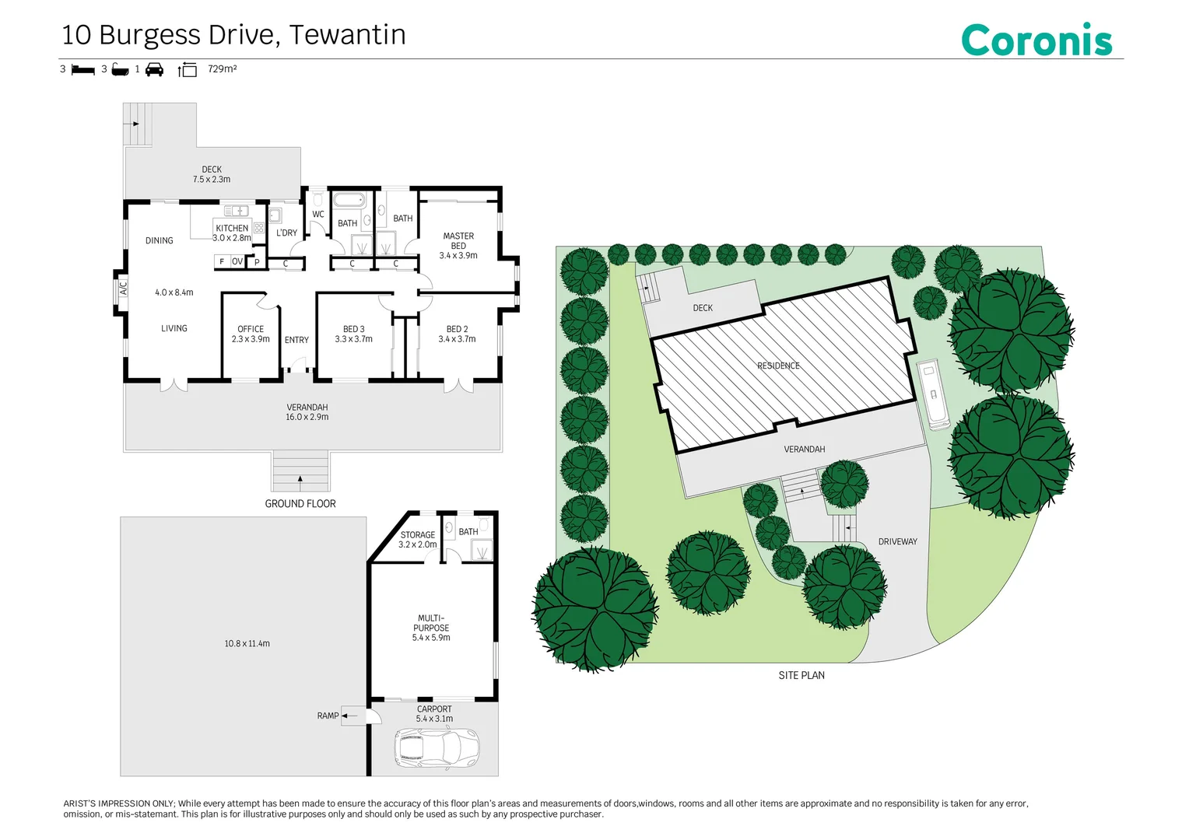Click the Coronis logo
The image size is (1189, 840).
click(1036, 40)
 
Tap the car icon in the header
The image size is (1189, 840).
click(155, 69)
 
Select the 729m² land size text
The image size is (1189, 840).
click(222, 69)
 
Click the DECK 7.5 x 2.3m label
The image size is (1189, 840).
click(212, 174)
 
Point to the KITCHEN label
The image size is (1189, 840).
click(232, 229)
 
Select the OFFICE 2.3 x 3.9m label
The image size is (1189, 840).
click(251, 334)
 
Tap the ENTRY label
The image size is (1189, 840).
click(296, 340)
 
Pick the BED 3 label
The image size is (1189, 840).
click(353, 334)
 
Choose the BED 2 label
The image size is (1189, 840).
click(457, 334)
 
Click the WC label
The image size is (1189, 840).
click(318, 215)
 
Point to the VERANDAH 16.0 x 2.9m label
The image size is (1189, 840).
click(307, 412)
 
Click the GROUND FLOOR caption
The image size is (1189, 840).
click(300, 504)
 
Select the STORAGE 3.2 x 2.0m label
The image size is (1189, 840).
click(418, 540)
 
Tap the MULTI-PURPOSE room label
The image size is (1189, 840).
click(431, 628)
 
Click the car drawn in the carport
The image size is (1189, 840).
click(437, 749)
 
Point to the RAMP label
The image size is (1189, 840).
click(328, 716)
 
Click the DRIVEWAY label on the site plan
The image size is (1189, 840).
click(897, 541)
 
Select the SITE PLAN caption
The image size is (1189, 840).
click(801, 675)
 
